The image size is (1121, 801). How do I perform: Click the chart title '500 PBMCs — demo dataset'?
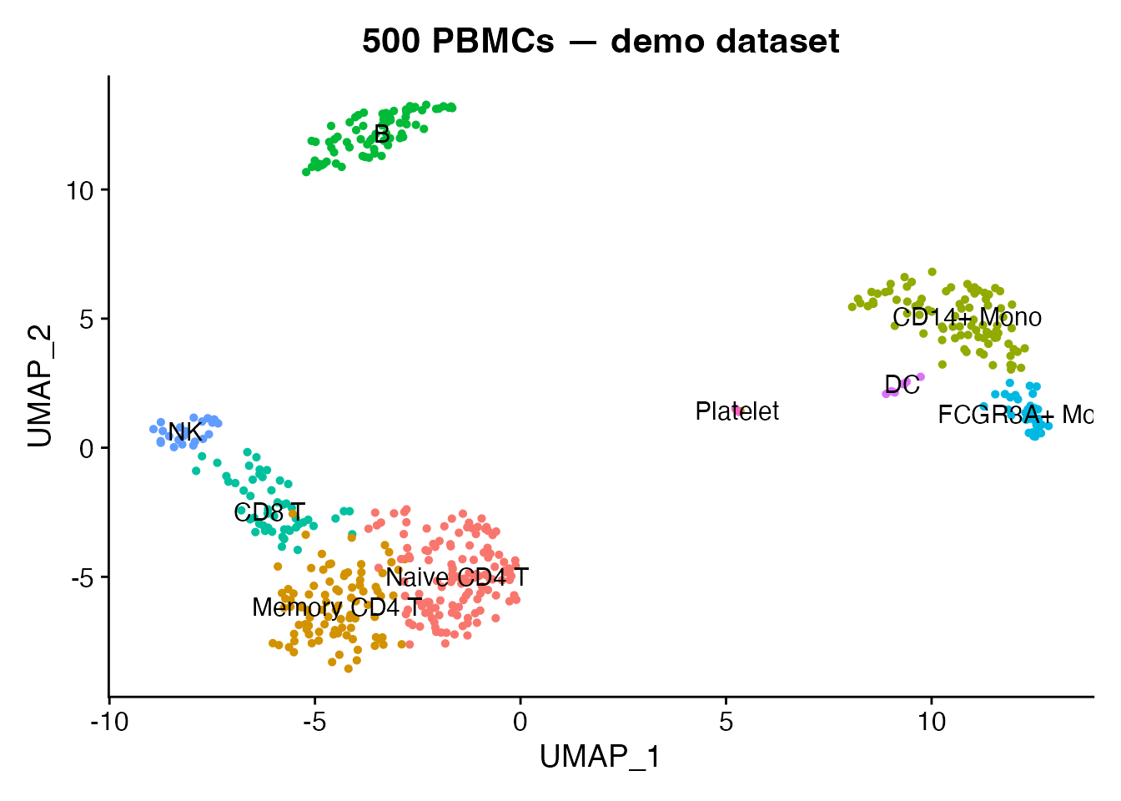[x=601, y=40]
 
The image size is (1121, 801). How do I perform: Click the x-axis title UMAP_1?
[x=600, y=757]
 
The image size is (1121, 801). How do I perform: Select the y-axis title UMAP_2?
[x=40, y=385]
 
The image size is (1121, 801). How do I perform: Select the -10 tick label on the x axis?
[x=108, y=720]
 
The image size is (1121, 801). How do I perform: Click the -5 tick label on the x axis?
[x=314, y=720]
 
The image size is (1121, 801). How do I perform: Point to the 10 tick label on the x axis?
[x=932, y=720]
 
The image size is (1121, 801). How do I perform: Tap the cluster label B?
[x=381, y=134]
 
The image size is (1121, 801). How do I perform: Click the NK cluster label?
[x=184, y=432]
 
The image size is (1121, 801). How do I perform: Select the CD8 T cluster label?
[x=269, y=512]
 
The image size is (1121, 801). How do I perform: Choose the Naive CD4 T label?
[x=457, y=577]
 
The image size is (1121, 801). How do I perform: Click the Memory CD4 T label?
[x=337, y=607]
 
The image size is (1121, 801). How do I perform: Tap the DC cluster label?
[x=902, y=385]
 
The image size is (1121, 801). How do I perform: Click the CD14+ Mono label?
[x=967, y=317]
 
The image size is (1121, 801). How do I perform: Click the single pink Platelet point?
[x=737, y=411]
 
